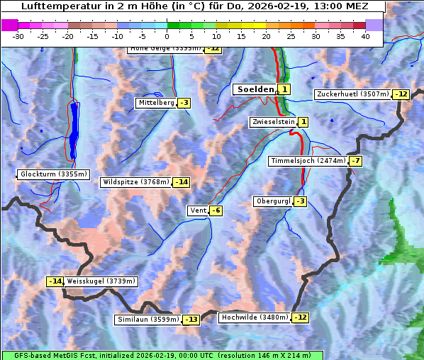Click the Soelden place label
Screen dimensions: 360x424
pyautogui.click(x=254, y=89)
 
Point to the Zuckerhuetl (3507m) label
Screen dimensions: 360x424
pyautogui.click(x=353, y=94)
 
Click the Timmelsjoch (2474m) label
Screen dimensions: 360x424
pyautogui.click(x=308, y=161)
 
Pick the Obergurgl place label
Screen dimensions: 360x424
pyautogui.click(x=272, y=201)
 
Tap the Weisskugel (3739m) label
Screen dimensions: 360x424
pyautogui.click(x=101, y=281)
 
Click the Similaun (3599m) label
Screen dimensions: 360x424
pyautogui.click(x=147, y=320)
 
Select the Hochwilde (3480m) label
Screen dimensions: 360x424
pyautogui.click(x=254, y=317)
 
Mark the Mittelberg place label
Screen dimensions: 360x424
pyautogui.click(x=156, y=103)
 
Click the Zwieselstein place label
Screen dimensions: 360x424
pyautogui.click(x=273, y=122)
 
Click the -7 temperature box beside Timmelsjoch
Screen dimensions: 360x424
pyautogui.click(x=355, y=161)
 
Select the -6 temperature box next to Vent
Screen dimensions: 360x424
pyautogui.click(x=216, y=210)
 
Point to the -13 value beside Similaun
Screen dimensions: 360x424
pyautogui.click(x=191, y=320)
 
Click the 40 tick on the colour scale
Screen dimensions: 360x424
pyautogui.click(x=365, y=36)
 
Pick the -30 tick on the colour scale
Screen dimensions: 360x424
pyautogui.click(x=18, y=36)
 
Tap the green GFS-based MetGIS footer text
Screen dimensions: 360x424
pyautogui.click(x=162, y=355)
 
